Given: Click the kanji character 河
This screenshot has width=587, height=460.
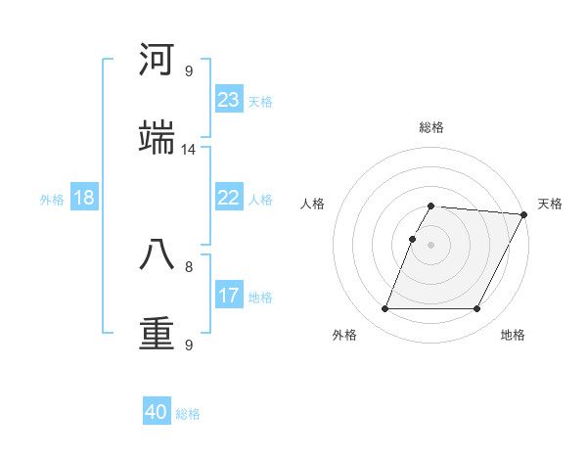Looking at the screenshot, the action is pyautogui.click(x=157, y=61).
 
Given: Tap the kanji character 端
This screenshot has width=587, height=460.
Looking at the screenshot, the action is pyautogui.click(x=157, y=138).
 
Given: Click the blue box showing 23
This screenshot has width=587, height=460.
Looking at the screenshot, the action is pyautogui.click(x=229, y=100).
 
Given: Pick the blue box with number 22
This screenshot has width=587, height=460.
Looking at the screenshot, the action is pyautogui.click(x=229, y=198).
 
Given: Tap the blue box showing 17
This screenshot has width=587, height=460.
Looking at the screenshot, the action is pyautogui.click(x=229, y=296).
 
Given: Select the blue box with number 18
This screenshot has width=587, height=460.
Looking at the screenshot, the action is pyautogui.click(x=84, y=198).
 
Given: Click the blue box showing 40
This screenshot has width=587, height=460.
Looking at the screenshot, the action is pyautogui.click(x=157, y=412).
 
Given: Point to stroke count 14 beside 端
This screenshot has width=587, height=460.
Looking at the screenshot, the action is pyautogui.click(x=189, y=150).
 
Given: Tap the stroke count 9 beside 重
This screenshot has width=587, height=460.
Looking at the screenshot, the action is pyautogui.click(x=189, y=345).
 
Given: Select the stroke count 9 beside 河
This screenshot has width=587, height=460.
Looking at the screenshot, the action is pyautogui.click(x=189, y=71).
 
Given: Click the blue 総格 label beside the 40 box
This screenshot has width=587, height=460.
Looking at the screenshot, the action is pyautogui.click(x=188, y=414).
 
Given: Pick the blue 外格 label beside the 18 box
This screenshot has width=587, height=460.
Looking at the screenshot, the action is pyautogui.click(x=52, y=199).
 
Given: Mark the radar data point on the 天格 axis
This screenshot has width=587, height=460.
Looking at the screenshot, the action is pyautogui.click(x=524, y=214).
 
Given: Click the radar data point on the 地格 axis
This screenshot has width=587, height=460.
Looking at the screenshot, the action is pyautogui.click(x=477, y=309).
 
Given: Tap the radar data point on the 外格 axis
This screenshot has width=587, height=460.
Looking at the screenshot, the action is pyautogui.click(x=384, y=309).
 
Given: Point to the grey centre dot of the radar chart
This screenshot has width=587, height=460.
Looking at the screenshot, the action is pyautogui.click(x=431, y=245).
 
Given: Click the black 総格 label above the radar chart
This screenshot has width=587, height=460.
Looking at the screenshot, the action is pyautogui.click(x=431, y=127).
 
